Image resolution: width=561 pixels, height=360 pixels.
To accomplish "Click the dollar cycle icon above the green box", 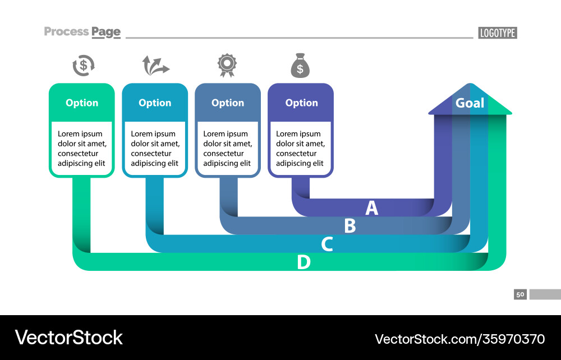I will pos(84,66).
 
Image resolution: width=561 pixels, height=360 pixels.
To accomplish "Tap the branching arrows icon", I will pos(155,66).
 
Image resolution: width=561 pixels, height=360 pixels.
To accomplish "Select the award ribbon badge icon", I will pos(227,65).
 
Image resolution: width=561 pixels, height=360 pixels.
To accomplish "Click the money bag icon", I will pos(300,66).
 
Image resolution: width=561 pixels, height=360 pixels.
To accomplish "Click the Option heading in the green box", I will pos(82,103).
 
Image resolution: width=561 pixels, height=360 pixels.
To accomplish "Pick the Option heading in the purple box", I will pos(301,103).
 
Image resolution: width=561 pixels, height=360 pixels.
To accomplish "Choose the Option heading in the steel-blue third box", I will pos(228,103).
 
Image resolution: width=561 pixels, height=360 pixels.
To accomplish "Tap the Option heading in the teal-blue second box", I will pos(155,103).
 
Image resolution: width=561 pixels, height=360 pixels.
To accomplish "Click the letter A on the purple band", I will pos(372,208).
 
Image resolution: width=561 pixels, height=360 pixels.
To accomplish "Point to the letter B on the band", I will pos(350,226).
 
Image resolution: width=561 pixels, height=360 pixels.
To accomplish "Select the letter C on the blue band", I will pos(327,244).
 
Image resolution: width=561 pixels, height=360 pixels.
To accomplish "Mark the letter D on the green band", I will pos(304,262).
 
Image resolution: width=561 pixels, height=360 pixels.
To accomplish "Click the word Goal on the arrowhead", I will pos(470,103).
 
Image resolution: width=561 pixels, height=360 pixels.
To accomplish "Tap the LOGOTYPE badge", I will pos(497,33).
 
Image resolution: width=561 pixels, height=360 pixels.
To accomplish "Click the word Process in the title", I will pos(66,31).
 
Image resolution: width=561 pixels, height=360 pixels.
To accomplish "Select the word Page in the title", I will pos(106,32).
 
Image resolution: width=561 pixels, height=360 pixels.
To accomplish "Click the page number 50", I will pos(520,294).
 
